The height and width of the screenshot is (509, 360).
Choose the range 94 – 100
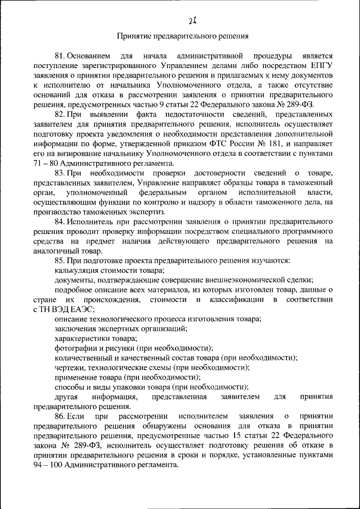click(x=48, y=465)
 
